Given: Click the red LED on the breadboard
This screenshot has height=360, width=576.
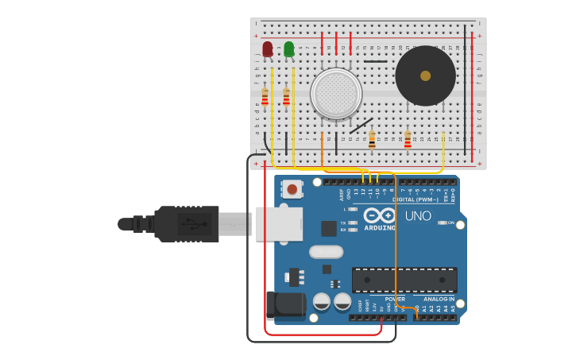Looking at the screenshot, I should tap(268, 49).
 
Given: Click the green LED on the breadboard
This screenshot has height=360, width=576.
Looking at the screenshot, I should tap(289, 49).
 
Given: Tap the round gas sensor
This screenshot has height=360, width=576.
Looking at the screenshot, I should tap(336, 93).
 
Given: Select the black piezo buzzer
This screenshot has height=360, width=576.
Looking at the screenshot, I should tap(425, 76).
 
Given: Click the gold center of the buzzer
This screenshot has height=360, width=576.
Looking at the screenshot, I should tap(425, 75).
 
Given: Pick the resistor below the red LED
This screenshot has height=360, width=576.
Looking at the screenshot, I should tap(265, 97).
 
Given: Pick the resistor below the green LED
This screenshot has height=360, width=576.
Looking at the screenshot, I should tap(286, 97).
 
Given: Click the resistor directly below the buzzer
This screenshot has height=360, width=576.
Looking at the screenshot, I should tap(408, 140).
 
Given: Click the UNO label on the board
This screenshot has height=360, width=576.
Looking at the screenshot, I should tap(418, 216).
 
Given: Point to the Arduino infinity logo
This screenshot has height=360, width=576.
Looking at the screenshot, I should tap(381, 215).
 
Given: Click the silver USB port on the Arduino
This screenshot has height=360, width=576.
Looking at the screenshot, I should tap(279, 223).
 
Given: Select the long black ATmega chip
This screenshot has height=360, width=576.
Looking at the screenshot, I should tap(404, 280).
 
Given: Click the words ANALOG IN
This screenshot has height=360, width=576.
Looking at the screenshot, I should tap(439, 299).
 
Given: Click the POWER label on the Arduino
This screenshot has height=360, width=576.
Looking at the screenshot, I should tap(395, 299).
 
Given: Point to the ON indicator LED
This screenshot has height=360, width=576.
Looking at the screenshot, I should tap(441, 223).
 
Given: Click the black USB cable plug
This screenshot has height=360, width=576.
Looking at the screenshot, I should tap(187, 223).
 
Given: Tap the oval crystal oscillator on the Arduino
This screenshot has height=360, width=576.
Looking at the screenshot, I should tap(326, 252).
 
